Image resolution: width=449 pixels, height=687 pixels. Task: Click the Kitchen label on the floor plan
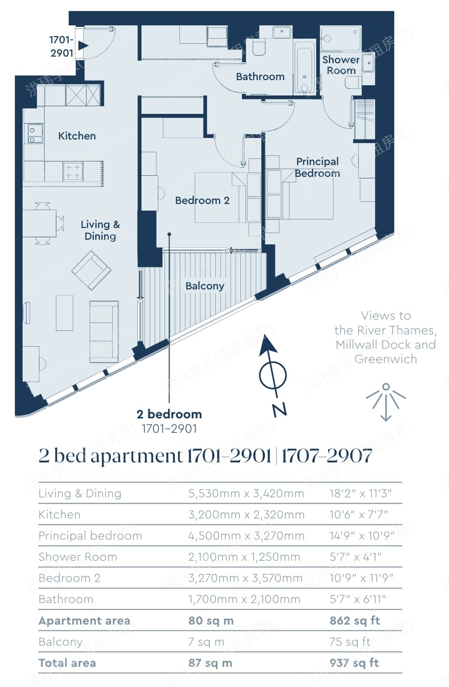coord(77,136)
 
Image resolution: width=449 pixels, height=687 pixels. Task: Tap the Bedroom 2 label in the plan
coord(202,201)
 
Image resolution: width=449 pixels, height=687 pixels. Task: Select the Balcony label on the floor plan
coord(205,286)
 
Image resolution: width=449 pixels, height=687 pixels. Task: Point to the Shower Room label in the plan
coord(341,65)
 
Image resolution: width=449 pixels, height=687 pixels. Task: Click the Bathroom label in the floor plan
coord(260,77)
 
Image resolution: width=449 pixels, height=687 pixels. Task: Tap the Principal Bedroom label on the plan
coord(317,167)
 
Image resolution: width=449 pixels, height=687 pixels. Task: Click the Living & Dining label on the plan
coord(100,230)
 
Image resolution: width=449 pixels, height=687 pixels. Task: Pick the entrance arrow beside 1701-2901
coord(83,46)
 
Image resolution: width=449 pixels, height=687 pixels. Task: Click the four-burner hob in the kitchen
coord(73,171)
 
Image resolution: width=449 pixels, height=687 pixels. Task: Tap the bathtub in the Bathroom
coord(304,68)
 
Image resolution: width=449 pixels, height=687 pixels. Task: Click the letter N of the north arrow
coord(279,409)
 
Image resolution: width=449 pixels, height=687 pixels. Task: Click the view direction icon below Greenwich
coord(386,402)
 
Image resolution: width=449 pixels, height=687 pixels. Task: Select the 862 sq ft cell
coord(354,621)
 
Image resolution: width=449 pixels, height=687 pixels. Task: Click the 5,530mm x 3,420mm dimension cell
coord(246,494)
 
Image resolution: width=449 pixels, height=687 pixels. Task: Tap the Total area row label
coord(67,663)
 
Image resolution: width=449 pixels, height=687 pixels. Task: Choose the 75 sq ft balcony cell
coord(350,642)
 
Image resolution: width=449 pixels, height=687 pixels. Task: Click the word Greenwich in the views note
coord(386,359)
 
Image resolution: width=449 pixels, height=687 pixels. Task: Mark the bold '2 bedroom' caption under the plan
coord(169,415)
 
